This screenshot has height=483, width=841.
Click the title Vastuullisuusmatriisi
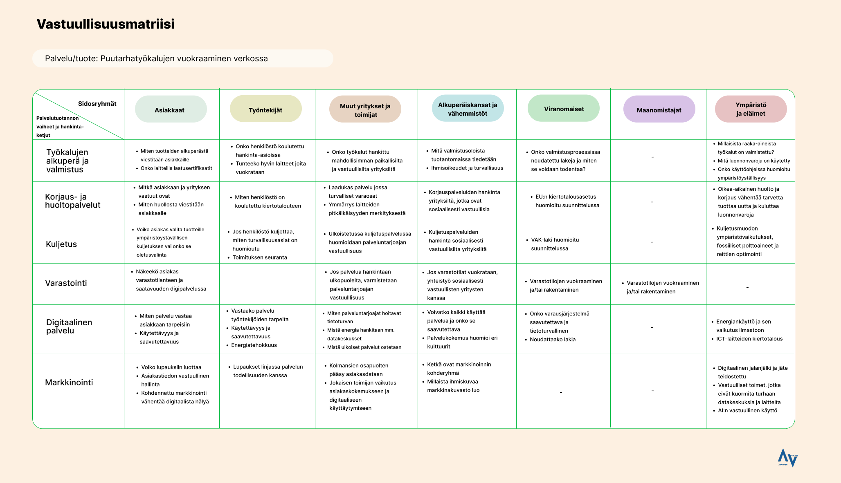coord(106,24)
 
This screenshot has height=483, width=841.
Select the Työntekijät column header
coord(265,110)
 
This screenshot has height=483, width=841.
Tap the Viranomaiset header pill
coord(563,109)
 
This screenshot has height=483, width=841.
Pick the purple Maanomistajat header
coord(659,110)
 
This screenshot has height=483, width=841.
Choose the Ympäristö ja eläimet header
coord(751,109)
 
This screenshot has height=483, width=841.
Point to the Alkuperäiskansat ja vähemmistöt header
coord(468,109)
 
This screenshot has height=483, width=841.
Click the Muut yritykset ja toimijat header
coord(365,110)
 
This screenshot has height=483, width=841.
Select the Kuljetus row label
coord(61,244)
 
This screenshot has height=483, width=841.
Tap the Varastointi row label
coord(66,283)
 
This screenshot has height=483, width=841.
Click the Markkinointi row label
coord(69,382)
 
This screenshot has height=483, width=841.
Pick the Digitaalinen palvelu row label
coord(69,326)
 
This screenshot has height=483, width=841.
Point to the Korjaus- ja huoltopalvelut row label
coord(72,201)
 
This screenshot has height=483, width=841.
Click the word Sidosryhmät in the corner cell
coord(97,104)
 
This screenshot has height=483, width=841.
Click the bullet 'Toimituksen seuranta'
coord(260,257)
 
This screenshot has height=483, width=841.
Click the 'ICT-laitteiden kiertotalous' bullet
coord(749,339)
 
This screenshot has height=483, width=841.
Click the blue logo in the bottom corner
coord(787,458)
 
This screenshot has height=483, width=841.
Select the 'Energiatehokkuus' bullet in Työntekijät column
coord(254,345)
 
